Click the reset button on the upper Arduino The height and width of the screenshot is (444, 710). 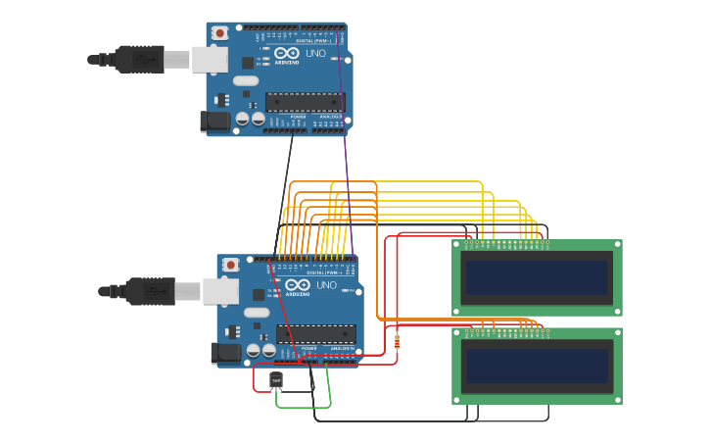(219, 33)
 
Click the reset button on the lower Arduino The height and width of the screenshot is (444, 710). (230, 265)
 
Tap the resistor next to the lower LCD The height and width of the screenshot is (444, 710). (397, 341)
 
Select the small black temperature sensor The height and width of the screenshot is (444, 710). (276, 380)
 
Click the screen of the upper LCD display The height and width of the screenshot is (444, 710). (537, 277)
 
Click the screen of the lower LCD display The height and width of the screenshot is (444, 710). (537, 366)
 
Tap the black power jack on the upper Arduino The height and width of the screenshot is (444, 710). (215, 122)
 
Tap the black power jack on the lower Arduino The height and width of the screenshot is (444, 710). (225, 353)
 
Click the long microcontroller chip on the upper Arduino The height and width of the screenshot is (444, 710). (305, 102)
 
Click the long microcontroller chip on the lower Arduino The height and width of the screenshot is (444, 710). (315, 333)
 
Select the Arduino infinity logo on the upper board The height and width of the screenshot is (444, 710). (287, 53)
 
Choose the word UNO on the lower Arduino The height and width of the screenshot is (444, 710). (326, 285)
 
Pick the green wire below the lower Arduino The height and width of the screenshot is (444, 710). (304, 406)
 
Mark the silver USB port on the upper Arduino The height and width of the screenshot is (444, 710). (209, 60)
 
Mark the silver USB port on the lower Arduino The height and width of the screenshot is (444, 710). (219, 291)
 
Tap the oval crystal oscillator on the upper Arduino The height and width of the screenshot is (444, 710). (245, 80)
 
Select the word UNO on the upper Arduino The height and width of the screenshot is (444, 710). (315, 54)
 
